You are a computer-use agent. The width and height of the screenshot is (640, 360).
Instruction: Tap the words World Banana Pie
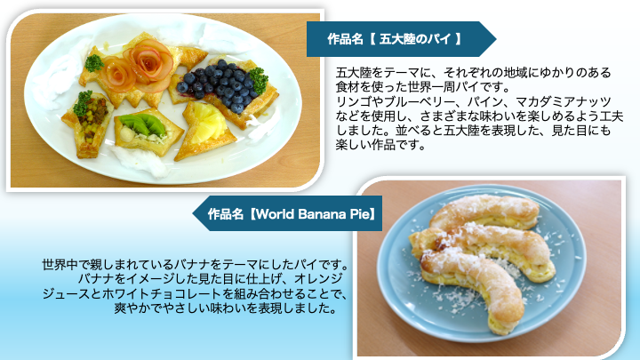[312, 214]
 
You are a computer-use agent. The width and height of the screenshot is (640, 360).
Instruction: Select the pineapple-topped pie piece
[205, 130]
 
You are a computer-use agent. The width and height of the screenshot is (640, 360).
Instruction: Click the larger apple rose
[148, 61]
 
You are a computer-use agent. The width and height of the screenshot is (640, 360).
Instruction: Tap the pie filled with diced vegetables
[88, 124]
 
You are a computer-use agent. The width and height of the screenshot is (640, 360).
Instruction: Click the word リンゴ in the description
[352, 101]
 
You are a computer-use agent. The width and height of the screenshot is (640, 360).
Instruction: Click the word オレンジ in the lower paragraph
[318, 279]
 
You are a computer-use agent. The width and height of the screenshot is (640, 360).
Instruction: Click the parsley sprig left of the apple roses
[94, 63]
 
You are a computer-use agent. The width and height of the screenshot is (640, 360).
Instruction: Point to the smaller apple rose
[117, 74]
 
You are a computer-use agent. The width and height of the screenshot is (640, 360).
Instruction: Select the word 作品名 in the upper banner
[345, 39]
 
